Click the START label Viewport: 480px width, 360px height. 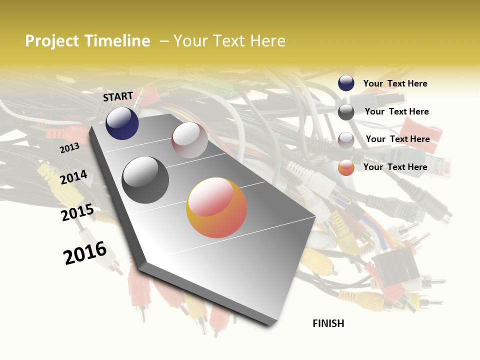click(118, 96)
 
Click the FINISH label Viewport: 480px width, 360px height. click(328, 323)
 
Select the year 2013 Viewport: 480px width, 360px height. click(69, 147)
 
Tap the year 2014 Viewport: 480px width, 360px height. click(73, 177)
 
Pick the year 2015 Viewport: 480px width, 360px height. click(77, 212)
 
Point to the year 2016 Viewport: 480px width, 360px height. click(85, 253)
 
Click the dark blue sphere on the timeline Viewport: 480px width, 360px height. click(122, 123)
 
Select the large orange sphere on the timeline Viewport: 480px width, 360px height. click(216, 207)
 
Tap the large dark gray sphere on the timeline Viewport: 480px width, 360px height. click(145, 180)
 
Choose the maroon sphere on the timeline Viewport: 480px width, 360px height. click(189, 140)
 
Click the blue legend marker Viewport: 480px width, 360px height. click(346, 83)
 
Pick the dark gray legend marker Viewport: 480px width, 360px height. click(346, 112)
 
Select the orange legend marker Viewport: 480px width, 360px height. click(346, 168)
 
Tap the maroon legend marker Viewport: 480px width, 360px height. click(346, 140)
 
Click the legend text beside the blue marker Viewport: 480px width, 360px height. click(395, 83)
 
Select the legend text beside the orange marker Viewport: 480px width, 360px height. click(395, 167)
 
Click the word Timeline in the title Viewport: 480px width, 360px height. click(116, 41)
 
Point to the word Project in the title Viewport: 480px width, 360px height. click(52, 41)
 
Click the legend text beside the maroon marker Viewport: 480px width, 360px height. click(397, 139)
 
